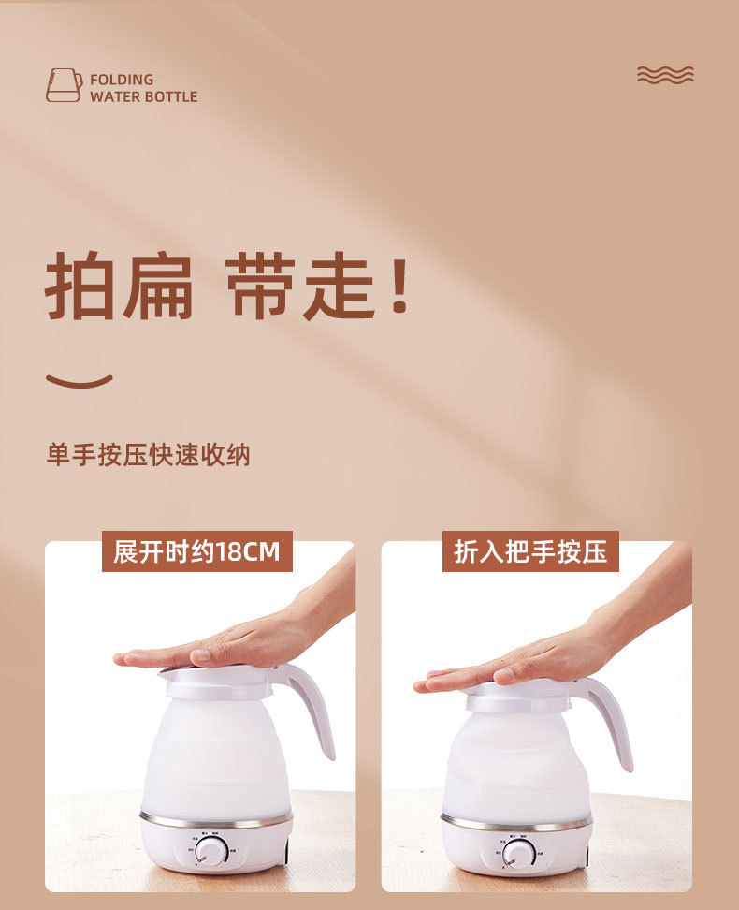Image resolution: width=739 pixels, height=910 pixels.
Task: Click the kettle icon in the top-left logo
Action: (x=63, y=86)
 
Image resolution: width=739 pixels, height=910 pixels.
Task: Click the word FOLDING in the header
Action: (x=122, y=80)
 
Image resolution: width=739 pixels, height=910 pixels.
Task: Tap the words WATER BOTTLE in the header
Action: (x=143, y=96)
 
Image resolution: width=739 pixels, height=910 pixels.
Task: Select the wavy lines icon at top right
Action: (x=665, y=75)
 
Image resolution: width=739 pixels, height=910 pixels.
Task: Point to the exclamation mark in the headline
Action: (x=399, y=286)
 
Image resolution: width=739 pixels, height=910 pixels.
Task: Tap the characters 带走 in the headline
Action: (x=299, y=286)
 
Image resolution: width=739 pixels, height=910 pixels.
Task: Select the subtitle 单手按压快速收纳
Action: (x=148, y=455)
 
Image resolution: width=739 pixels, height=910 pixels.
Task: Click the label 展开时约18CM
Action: (x=196, y=551)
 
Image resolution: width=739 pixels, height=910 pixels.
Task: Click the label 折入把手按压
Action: (x=530, y=551)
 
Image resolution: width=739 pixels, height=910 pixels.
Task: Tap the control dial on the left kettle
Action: (x=212, y=850)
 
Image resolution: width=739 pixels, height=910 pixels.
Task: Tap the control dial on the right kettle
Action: (x=519, y=853)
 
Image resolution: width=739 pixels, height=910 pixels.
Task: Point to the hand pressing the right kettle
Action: (x=543, y=660)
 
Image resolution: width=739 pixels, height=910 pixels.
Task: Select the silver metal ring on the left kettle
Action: (x=216, y=820)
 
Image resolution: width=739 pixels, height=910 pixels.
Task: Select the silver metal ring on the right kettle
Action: (x=516, y=823)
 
